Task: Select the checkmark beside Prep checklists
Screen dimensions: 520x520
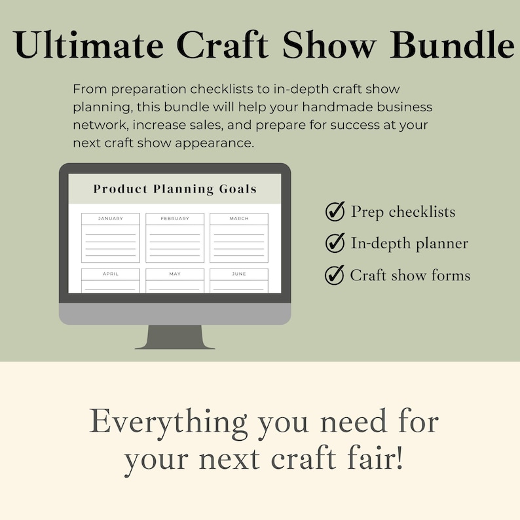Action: [335, 212]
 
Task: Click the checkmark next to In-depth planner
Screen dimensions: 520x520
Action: [335, 243]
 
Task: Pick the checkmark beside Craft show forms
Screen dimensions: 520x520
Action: [335, 275]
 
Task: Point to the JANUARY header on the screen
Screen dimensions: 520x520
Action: [110, 219]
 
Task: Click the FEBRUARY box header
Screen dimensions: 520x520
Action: [175, 219]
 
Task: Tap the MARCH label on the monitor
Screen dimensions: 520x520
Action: [239, 219]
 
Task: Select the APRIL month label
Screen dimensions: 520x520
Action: [110, 274]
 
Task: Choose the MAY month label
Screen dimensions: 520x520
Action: [175, 274]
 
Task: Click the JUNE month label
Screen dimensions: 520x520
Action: [239, 274]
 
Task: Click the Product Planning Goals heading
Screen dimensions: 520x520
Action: [175, 189]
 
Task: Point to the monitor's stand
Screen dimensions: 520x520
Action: [175, 337]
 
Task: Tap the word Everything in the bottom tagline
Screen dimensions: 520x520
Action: [169, 422]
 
